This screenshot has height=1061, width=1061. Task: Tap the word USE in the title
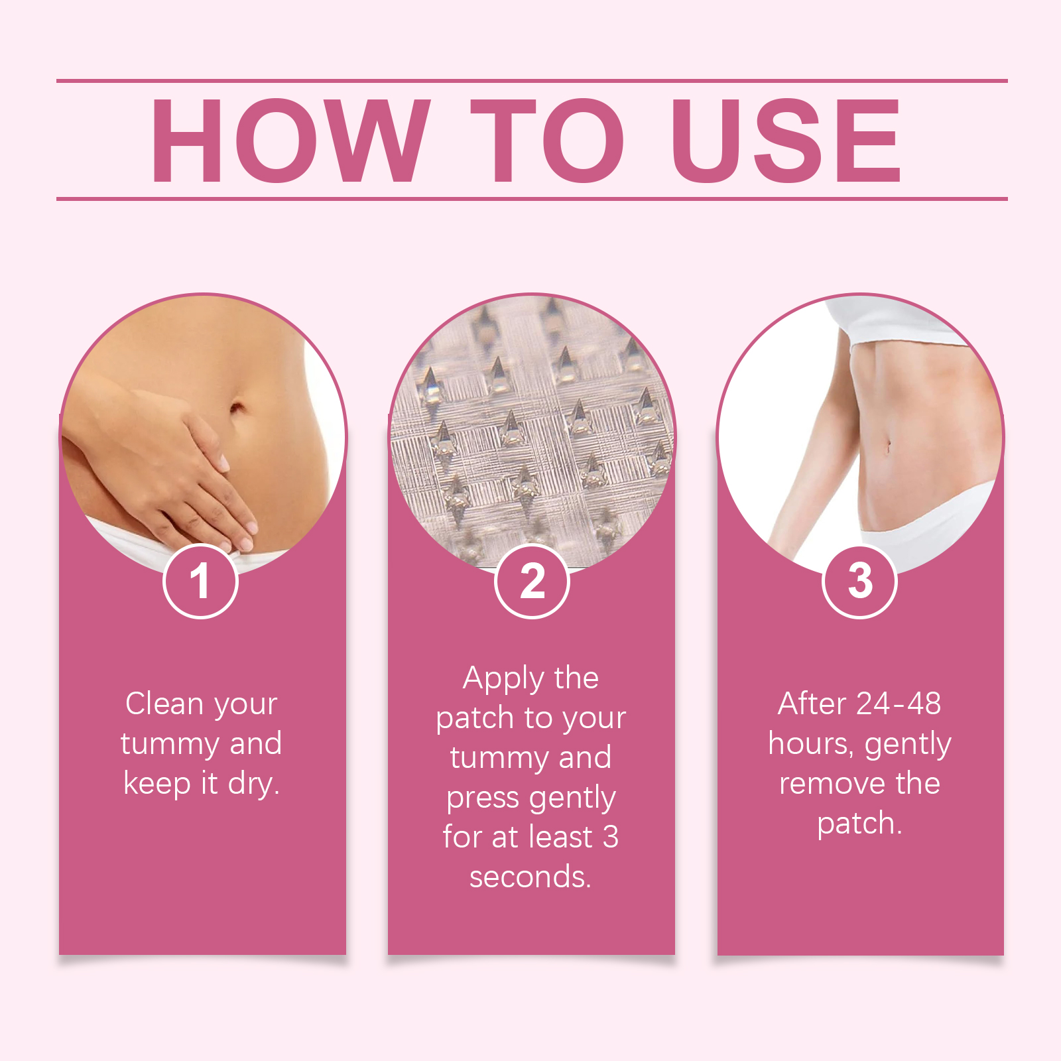(786, 140)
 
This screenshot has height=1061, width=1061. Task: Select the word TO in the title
(548, 140)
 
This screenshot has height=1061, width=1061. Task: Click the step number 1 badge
(200, 581)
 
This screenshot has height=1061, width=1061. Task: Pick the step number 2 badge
(532, 581)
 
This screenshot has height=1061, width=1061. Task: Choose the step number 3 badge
(860, 581)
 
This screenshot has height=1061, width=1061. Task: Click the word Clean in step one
(164, 704)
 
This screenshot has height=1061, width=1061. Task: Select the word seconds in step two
(528, 877)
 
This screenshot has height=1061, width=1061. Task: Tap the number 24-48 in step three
(899, 704)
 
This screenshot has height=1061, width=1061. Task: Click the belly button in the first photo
(237, 406)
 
